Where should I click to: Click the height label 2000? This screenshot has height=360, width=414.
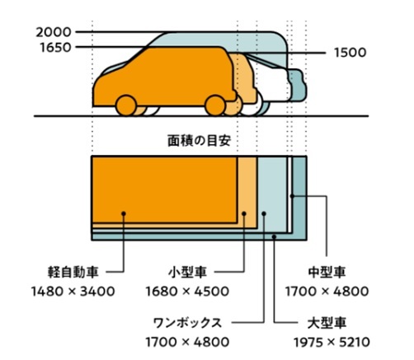(54, 32)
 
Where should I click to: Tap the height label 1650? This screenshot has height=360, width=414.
(55, 47)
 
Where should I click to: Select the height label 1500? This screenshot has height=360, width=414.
(350, 53)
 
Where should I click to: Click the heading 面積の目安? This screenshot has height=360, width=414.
(200, 141)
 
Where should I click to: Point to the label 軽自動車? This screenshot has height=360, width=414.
(73, 272)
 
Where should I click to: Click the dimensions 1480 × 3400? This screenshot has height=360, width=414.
(73, 292)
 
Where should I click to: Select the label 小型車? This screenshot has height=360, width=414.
(187, 272)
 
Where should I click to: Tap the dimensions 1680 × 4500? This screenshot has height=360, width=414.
(187, 292)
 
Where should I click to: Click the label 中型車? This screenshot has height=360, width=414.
(327, 272)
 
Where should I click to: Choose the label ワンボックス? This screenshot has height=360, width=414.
(187, 323)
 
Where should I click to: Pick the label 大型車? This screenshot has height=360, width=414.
(327, 323)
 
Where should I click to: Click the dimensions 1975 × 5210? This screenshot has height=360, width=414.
(332, 342)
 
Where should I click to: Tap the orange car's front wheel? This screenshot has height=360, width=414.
(126, 105)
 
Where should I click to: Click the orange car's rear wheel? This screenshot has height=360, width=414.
(215, 105)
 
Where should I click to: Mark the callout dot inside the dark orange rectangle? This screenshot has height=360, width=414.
(124, 213)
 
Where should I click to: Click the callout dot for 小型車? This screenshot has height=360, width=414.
(244, 213)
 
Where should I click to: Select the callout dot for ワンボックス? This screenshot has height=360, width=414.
(264, 213)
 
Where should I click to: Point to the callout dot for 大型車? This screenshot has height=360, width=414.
(274, 236)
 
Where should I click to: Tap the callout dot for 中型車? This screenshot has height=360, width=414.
(292, 196)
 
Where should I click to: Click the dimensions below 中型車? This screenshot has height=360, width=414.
(327, 292)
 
